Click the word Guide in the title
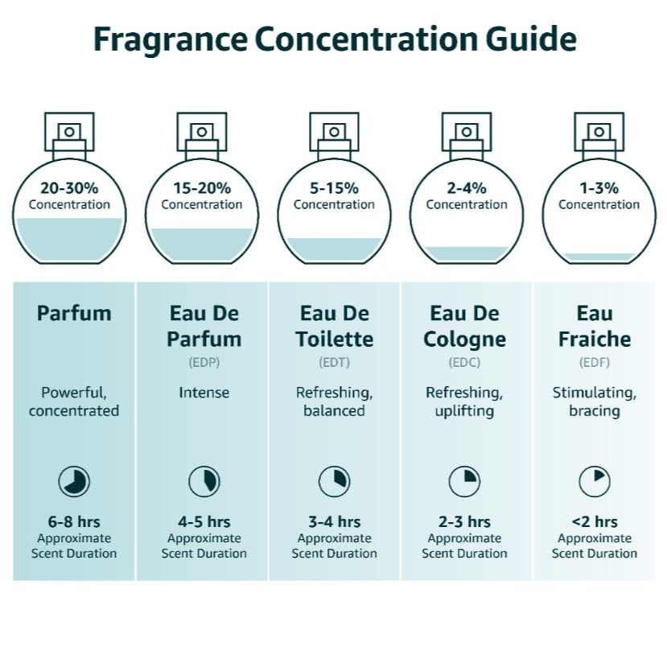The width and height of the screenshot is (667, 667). (x=531, y=39)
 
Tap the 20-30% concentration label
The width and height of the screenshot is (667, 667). (x=69, y=188)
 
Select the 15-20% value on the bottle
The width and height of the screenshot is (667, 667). (x=202, y=188)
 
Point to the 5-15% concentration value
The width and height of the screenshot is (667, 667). (x=335, y=188)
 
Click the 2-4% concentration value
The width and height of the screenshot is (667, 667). (x=467, y=188)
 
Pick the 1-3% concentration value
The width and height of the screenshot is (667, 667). (x=599, y=188)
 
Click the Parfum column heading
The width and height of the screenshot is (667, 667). (x=74, y=314)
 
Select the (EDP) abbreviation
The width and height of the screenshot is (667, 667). (x=204, y=362)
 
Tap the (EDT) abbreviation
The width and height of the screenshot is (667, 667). (x=335, y=362)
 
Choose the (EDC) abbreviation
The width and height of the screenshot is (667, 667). (x=464, y=362)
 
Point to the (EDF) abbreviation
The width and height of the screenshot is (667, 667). (x=595, y=362)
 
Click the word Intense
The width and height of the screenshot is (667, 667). (x=204, y=392)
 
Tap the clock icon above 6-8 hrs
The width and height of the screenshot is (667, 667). (x=74, y=481)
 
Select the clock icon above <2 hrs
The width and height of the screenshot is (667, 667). (x=595, y=481)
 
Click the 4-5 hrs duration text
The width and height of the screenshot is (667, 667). (x=204, y=522)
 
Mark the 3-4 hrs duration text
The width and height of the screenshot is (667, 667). (x=335, y=522)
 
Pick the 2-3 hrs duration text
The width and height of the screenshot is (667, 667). (x=464, y=522)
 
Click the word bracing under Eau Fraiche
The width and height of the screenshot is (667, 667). (x=595, y=411)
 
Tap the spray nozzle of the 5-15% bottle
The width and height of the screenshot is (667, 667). (x=335, y=132)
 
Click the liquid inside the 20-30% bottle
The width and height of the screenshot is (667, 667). (x=69, y=240)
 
